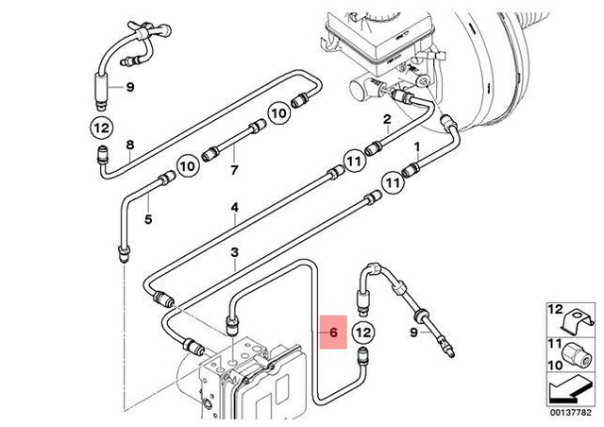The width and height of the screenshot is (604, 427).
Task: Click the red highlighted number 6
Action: [x=332, y=333]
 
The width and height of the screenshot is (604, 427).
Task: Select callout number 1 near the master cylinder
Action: [x=417, y=147]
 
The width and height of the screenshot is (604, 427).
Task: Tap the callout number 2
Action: [x=386, y=119]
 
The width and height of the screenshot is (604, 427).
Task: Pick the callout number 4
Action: [x=148, y=220]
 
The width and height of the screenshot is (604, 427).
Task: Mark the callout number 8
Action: [x=131, y=145]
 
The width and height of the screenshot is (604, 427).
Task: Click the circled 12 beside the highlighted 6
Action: [x=365, y=333]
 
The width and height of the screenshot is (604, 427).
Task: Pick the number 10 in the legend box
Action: [x=555, y=361]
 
